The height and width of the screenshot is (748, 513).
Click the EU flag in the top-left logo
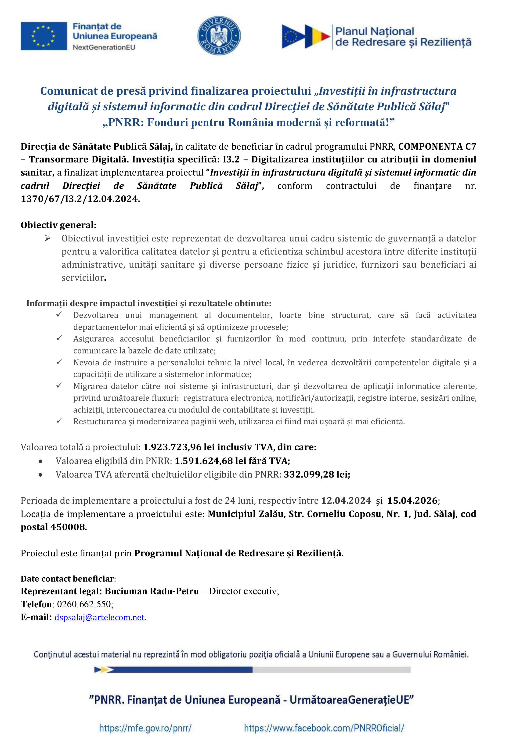pos(44,36)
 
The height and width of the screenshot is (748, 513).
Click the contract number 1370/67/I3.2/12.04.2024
pos(80,199)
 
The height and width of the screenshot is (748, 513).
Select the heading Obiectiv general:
pos(58,225)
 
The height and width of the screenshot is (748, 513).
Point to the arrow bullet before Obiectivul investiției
pos(48,238)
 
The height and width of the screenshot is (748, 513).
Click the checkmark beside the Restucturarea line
pos(59,421)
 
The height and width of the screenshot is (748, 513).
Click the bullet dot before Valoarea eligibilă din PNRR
pos(40,461)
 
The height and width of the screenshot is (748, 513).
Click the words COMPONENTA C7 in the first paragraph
pos(437,147)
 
